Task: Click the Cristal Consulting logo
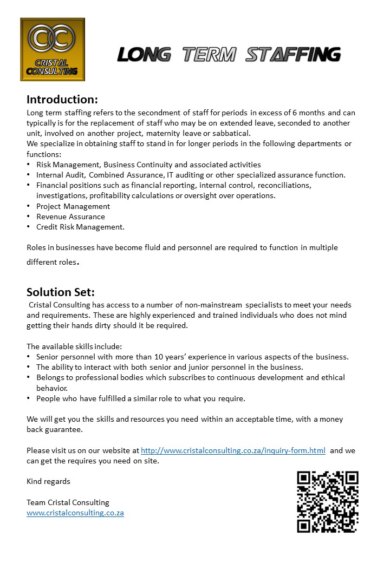pyautogui.click(x=53, y=49)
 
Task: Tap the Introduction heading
pyautogui.click(x=62, y=100)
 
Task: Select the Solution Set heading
pyautogui.click(x=61, y=292)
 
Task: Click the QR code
pyautogui.click(x=328, y=502)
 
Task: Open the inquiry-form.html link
pyautogui.click(x=233, y=450)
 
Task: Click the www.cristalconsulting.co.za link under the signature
pyautogui.click(x=75, y=513)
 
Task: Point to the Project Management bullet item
pyautogui.click(x=73, y=206)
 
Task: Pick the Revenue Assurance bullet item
pyautogui.click(x=70, y=217)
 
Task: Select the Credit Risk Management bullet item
pyautogui.click(x=80, y=227)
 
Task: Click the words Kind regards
pyautogui.click(x=48, y=481)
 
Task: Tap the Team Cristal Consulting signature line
pyautogui.click(x=68, y=502)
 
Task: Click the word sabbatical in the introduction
pyautogui.click(x=231, y=134)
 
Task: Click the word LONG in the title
pyautogui.click(x=144, y=55)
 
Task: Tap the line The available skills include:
pyautogui.click(x=74, y=346)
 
